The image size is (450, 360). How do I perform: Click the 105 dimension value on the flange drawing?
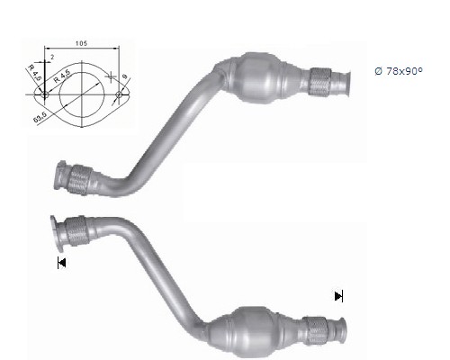(x=81, y=43)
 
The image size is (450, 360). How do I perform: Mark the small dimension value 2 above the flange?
(x=53, y=58)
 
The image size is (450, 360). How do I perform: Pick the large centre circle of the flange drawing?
(x=81, y=92)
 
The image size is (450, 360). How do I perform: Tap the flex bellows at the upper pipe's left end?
(x=79, y=179)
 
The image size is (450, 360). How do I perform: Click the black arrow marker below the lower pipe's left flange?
(x=61, y=263)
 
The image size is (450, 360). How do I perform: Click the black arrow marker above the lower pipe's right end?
(x=338, y=295)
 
